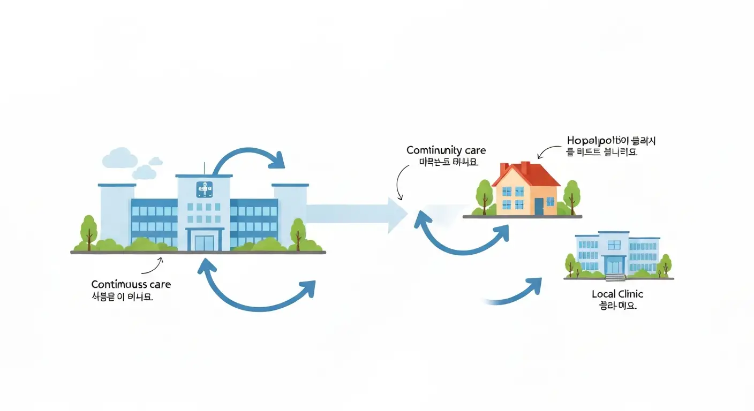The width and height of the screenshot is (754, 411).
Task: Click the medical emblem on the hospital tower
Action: pyautogui.click(x=204, y=188)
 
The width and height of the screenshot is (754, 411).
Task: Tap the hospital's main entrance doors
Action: pyautogui.click(x=204, y=240)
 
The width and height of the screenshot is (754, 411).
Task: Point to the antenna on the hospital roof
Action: pyautogui.click(x=204, y=167)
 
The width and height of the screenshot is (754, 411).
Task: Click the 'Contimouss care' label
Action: pyautogui.click(x=131, y=285)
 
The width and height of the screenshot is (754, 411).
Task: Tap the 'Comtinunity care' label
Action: pyautogui.click(x=446, y=150)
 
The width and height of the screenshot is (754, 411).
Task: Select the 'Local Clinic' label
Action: pyautogui.click(x=617, y=294)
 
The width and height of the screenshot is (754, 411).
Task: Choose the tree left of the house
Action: pyautogui.click(x=484, y=195)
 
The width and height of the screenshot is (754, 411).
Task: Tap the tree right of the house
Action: pyautogui.click(x=571, y=195)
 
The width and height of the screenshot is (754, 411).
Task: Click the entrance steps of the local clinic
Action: pyautogui.click(x=615, y=277)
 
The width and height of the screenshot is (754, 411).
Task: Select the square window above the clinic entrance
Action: pyautogui.click(x=614, y=245)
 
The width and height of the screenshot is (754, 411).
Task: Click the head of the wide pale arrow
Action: pyautogui.click(x=396, y=215)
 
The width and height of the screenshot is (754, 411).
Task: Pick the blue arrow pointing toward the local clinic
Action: pyautogui.click(x=517, y=292)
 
